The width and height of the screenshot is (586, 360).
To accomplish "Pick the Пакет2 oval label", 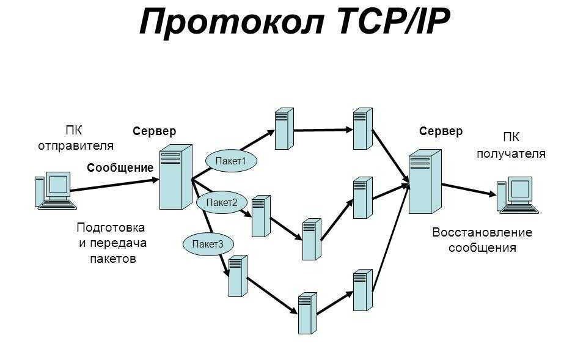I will (x=221, y=202).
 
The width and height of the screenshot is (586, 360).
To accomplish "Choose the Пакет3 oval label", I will (x=208, y=244).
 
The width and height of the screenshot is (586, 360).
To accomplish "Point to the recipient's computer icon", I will (x=517, y=196).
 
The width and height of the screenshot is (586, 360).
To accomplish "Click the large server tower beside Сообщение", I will (x=175, y=177).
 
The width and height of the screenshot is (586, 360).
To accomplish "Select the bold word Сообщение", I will (x=120, y=167).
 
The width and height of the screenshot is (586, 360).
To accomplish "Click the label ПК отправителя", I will (x=76, y=138).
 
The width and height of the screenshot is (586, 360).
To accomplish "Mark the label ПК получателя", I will (x=511, y=145).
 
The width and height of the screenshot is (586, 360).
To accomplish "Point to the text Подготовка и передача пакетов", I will (x=112, y=243).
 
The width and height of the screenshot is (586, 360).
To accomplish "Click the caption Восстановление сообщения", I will (x=482, y=240).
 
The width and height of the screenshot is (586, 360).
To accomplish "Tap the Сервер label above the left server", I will (x=155, y=131).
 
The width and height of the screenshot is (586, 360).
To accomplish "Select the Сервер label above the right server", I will (x=441, y=131).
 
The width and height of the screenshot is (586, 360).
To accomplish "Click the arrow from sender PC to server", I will (x=113, y=184).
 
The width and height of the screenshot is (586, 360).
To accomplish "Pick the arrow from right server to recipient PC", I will (x=467, y=189).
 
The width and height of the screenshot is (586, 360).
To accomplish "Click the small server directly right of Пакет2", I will (x=260, y=216).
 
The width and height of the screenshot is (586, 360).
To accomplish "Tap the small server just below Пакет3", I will (x=237, y=275).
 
